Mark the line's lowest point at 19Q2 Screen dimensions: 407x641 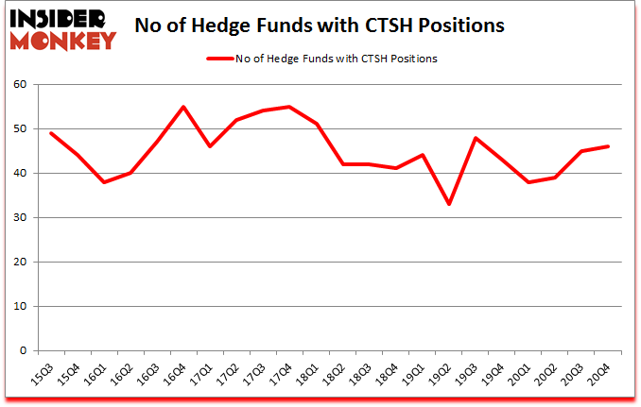(449, 204)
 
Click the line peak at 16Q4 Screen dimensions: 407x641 (183, 107)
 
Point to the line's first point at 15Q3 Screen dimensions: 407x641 (51, 133)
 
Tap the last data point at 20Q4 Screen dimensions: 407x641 (608, 146)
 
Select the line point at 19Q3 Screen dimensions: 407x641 (476, 138)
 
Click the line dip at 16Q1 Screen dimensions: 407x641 (104, 182)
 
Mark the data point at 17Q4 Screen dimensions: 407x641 (289, 107)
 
